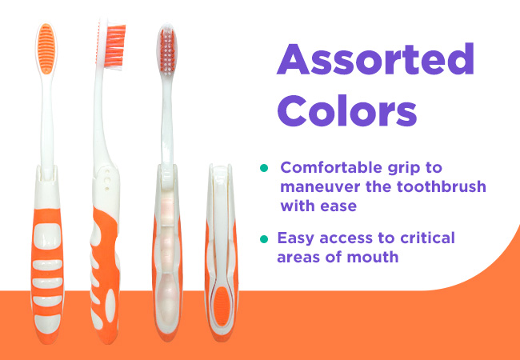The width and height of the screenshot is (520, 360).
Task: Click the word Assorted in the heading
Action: click(375, 59)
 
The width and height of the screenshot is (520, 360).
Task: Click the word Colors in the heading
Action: click(347, 110)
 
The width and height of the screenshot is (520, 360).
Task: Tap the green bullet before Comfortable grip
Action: click(264, 168)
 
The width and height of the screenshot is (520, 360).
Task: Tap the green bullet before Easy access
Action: click(264, 238)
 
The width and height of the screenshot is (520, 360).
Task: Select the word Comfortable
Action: click(332, 168)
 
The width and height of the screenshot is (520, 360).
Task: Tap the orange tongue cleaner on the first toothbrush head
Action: click(46, 49)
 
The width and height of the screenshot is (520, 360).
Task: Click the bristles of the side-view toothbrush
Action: click(115, 46)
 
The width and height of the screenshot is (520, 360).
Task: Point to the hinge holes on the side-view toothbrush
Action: click(106, 180)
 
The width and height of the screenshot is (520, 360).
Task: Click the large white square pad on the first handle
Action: click(47, 236)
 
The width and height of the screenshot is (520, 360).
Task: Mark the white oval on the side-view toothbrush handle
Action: click(110, 306)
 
